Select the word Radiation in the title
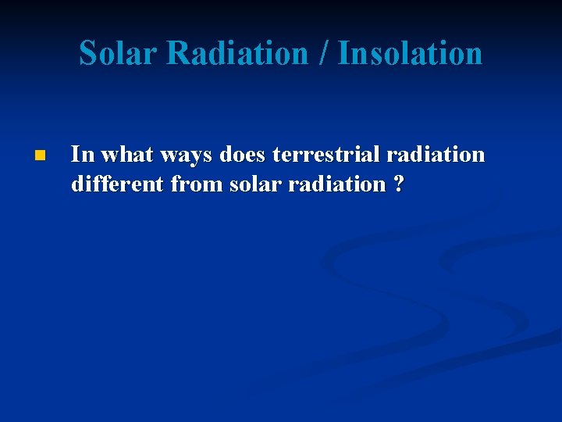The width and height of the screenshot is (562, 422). tap(237, 53)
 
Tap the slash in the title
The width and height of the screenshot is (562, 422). tap(323, 53)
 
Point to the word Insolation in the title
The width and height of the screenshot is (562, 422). tap(410, 53)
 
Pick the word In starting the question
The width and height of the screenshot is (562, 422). tap(80, 155)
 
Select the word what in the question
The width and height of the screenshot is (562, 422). tap(125, 155)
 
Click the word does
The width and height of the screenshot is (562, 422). tap(244, 155)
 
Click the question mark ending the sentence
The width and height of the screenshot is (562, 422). tap(399, 184)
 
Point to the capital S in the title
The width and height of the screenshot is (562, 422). tap(89, 53)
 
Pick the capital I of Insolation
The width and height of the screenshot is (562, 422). tap(343, 53)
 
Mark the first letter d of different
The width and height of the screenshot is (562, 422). tap(76, 184)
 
